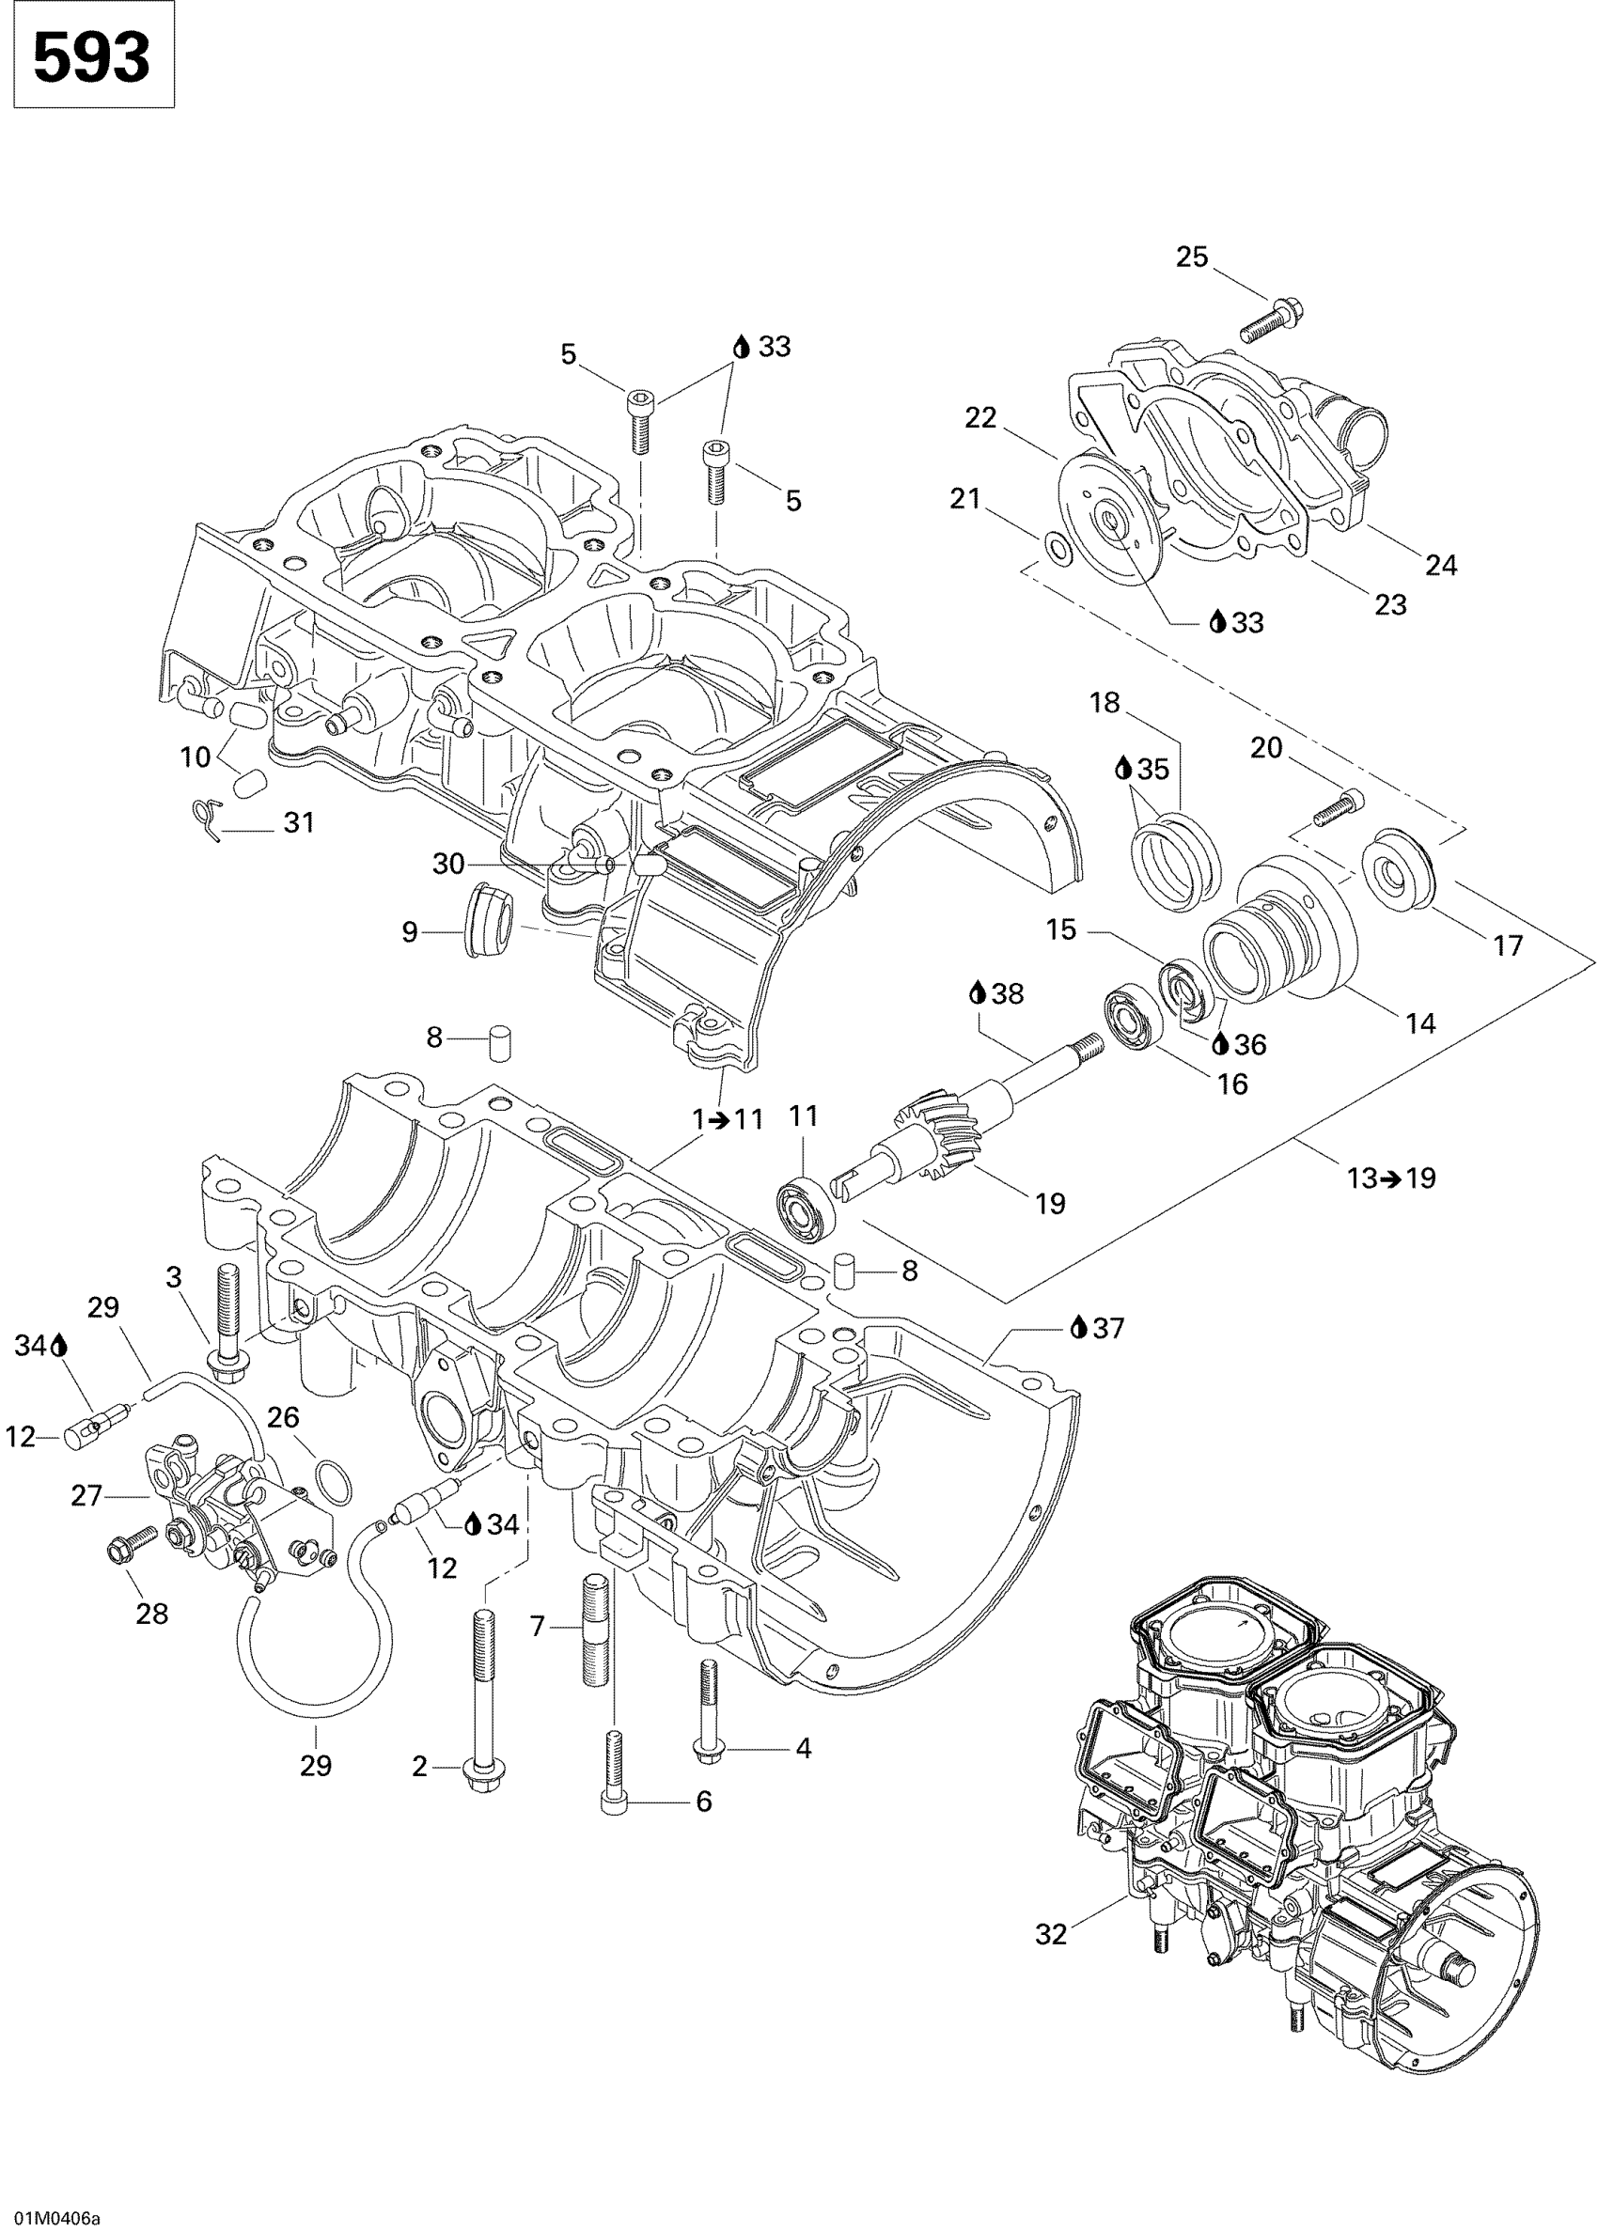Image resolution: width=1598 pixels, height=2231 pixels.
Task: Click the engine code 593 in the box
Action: (x=91, y=56)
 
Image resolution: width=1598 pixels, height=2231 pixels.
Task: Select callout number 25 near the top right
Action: (x=1192, y=257)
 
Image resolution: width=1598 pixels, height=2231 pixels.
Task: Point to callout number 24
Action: (x=1441, y=565)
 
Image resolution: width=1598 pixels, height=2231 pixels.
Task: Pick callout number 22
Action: (x=980, y=418)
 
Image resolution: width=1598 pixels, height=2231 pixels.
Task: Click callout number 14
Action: (x=1420, y=1023)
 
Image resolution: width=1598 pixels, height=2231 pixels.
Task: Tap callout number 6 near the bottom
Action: (x=703, y=1802)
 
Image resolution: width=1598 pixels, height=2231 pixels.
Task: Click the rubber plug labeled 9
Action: (x=489, y=925)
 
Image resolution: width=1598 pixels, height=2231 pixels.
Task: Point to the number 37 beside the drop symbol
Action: (x=1108, y=1328)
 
